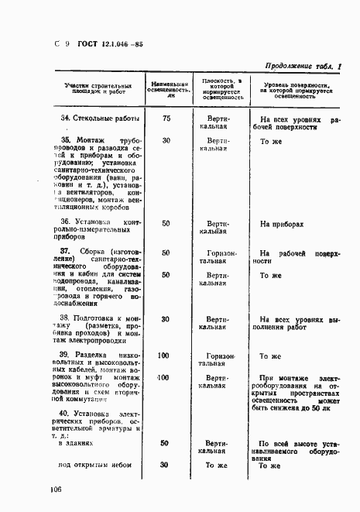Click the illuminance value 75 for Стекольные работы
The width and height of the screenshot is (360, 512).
[x=166, y=119]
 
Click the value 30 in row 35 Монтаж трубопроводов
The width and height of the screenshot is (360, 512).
[x=166, y=141]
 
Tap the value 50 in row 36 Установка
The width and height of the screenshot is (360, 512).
[x=166, y=224]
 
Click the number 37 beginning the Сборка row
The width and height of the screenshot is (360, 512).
[x=66, y=253]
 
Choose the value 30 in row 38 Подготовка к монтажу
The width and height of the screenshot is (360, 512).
[x=166, y=319]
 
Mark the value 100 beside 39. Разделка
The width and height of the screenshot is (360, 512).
[x=164, y=356]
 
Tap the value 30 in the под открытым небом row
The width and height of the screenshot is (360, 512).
[x=164, y=465]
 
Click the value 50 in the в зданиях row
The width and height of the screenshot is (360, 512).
[x=165, y=444]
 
